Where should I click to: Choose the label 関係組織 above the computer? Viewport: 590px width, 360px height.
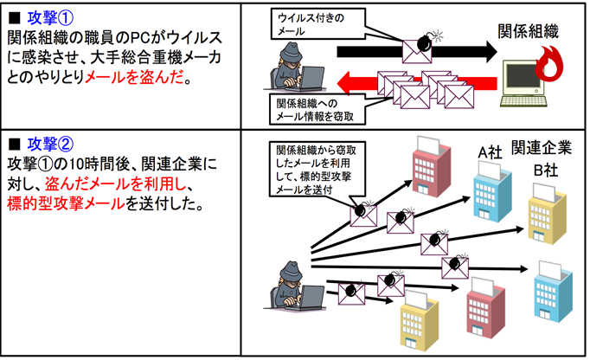coord(528,33)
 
